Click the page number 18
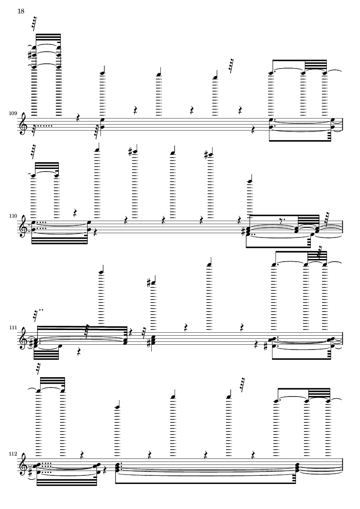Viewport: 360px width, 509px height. point(21,11)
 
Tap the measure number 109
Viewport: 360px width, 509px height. point(12,113)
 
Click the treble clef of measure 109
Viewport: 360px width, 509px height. point(25,124)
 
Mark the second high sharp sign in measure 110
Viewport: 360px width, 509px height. point(210,153)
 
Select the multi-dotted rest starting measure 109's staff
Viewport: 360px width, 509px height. point(35,127)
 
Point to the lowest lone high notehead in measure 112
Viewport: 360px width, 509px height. point(118,406)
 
